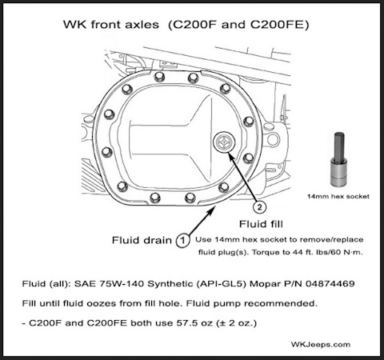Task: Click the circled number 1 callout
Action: pyautogui.click(x=182, y=240)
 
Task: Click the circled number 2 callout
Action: pyautogui.click(x=259, y=207)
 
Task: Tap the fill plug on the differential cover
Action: pyautogui.click(x=224, y=142)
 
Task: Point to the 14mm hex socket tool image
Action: pyautogui.click(x=339, y=159)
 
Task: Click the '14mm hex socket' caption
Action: pyautogui.click(x=338, y=197)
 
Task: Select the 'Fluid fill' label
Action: pyautogui.click(x=261, y=224)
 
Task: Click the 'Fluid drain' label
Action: pyautogui.click(x=142, y=240)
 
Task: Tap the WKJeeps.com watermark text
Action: pyautogui.click(x=321, y=345)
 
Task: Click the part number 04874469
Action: pyautogui.click(x=330, y=283)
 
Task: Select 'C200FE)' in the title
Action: pyautogui.click(x=279, y=25)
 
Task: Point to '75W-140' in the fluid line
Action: pyautogui.click(x=122, y=283)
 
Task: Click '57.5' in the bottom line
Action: pyautogui.click(x=186, y=323)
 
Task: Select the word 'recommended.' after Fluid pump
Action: pyautogui.click(x=281, y=303)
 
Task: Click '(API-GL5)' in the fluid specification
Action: pyautogui.click(x=221, y=284)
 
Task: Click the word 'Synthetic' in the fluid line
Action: pyautogui.click(x=170, y=284)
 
